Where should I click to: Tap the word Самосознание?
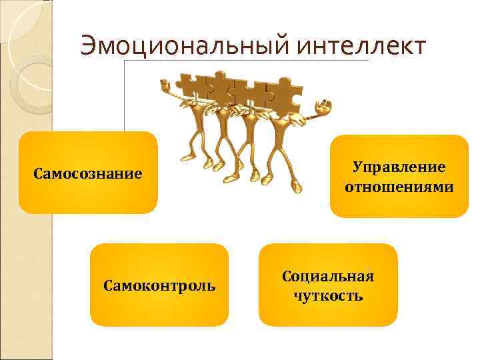point(88,174)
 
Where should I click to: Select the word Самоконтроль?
point(159,286)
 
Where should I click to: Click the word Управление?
point(399,167)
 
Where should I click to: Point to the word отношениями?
point(399,187)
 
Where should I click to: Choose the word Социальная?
point(328,276)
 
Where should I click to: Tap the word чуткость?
point(328,295)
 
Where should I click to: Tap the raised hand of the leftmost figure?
point(165,85)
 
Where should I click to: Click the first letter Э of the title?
point(87,47)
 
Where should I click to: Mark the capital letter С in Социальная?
point(287,276)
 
